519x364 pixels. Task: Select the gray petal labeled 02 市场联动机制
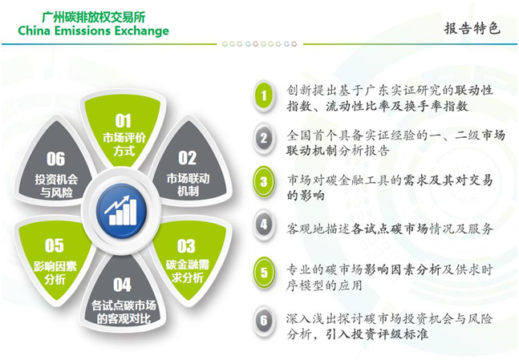point(188,165)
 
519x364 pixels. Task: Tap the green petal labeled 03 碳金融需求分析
point(189,258)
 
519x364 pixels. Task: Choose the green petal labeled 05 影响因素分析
point(55,258)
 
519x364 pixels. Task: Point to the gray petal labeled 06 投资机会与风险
point(55,165)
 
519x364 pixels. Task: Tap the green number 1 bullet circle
point(263,95)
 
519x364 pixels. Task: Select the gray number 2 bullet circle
point(263,138)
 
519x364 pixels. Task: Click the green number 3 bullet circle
point(263,181)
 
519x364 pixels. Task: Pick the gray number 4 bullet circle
point(263,224)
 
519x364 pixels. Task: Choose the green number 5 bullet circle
point(263,273)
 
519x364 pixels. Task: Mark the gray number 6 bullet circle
point(263,321)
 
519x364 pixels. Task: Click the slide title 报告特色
point(472,28)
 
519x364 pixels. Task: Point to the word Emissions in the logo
point(79,30)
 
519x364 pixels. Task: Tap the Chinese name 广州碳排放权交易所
point(94,17)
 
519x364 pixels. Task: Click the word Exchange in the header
point(139,30)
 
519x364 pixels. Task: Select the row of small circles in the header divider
point(260,43)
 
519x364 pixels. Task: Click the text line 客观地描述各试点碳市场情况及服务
point(390,229)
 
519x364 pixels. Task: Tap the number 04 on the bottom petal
point(122,285)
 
